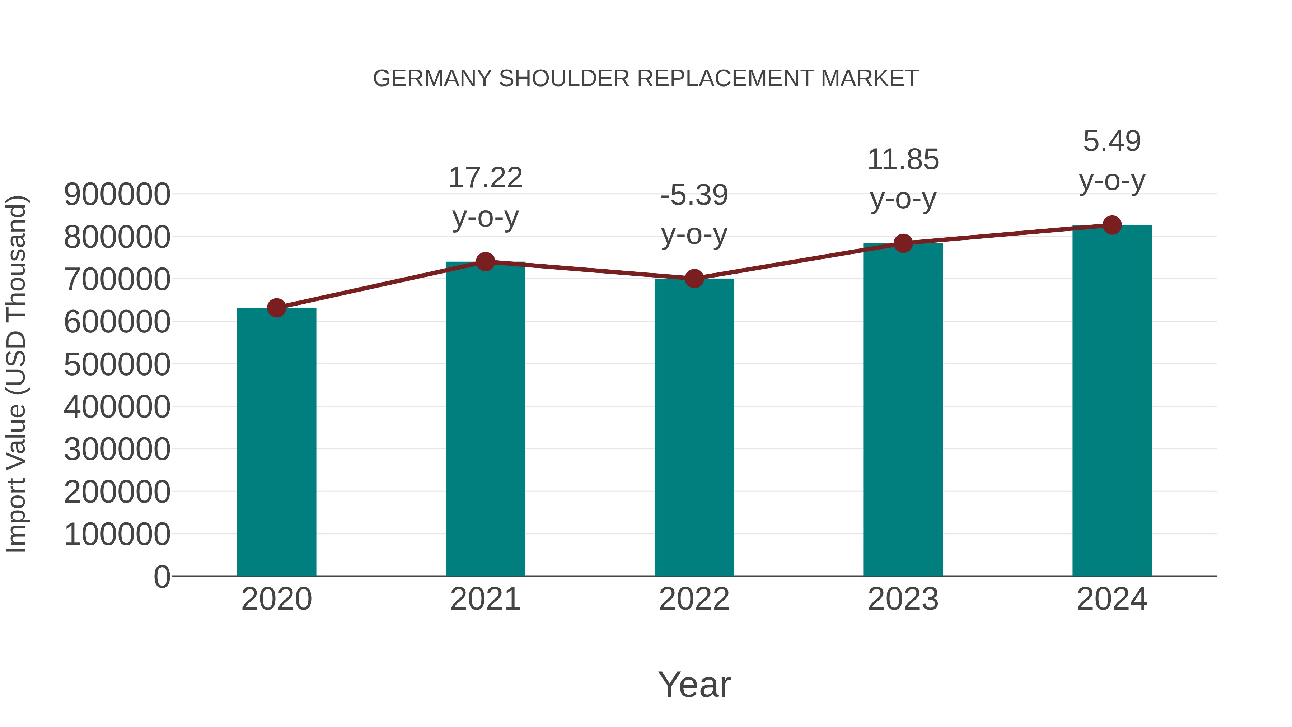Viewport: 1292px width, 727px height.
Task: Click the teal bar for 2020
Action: pyautogui.click(x=276, y=442)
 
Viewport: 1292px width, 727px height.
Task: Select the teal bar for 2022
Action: pyautogui.click(x=694, y=427)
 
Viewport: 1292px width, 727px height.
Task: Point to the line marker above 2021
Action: pyautogui.click(x=485, y=261)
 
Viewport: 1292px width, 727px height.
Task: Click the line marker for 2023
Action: pyautogui.click(x=903, y=243)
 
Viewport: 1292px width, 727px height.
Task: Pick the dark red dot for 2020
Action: pyautogui.click(x=276, y=308)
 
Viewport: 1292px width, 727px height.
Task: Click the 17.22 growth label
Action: pyautogui.click(x=485, y=178)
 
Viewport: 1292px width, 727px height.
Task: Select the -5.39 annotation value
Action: pyautogui.click(x=694, y=195)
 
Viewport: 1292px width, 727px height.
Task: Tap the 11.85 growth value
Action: pyautogui.click(x=903, y=159)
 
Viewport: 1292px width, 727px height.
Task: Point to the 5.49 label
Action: pyautogui.click(x=1112, y=141)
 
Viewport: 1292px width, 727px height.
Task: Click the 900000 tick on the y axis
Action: pyautogui.click(x=117, y=194)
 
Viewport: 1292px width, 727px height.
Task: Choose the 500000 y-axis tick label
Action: pyautogui.click(x=117, y=364)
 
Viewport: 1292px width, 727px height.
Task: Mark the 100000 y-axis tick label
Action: pyautogui.click(x=117, y=534)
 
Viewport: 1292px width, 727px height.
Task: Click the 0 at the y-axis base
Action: pyautogui.click(x=162, y=577)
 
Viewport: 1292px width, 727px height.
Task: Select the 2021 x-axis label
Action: pyautogui.click(x=485, y=599)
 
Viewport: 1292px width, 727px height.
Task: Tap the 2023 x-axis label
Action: pyautogui.click(x=903, y=599)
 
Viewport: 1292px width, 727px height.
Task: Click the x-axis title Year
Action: pyautogui.click(x=694, y=684)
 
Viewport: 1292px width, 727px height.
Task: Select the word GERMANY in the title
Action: pyautogui.click(x=432, y=79)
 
